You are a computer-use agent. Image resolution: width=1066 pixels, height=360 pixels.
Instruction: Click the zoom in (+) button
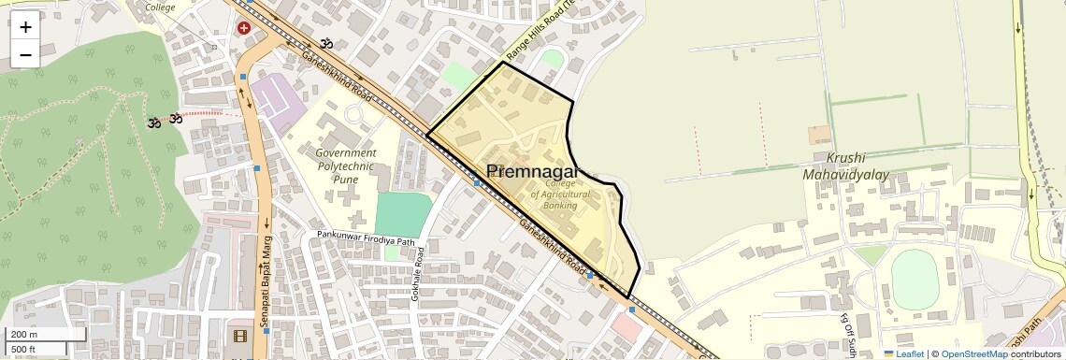(x=25, y=26)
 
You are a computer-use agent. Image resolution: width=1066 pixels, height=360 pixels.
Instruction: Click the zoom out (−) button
(x=25, y=54)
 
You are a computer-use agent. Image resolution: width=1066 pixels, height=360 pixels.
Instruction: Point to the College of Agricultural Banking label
(x=560, y=194)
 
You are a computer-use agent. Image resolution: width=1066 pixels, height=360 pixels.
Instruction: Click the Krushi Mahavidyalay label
(x=845, y=166)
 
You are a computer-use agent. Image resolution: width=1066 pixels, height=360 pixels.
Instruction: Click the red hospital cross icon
(x=244, y=28)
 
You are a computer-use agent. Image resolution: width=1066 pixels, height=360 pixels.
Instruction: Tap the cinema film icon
(x=242, y=336)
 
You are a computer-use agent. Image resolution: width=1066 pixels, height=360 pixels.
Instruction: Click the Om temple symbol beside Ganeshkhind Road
(x=326, y=43)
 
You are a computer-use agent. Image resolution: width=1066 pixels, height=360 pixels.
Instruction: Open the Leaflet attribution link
(x=903, y=353)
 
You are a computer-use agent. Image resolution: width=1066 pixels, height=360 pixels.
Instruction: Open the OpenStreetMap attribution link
(x=973, y=353)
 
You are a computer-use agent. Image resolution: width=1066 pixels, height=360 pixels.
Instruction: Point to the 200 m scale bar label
(x=24, y=335)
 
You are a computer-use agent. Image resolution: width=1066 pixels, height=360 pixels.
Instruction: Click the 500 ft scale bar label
(x=24, y=349)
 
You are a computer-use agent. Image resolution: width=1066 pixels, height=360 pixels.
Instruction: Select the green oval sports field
(x=914, y=280)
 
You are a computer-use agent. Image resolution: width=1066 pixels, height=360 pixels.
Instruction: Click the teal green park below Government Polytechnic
(x=403, y=215)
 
